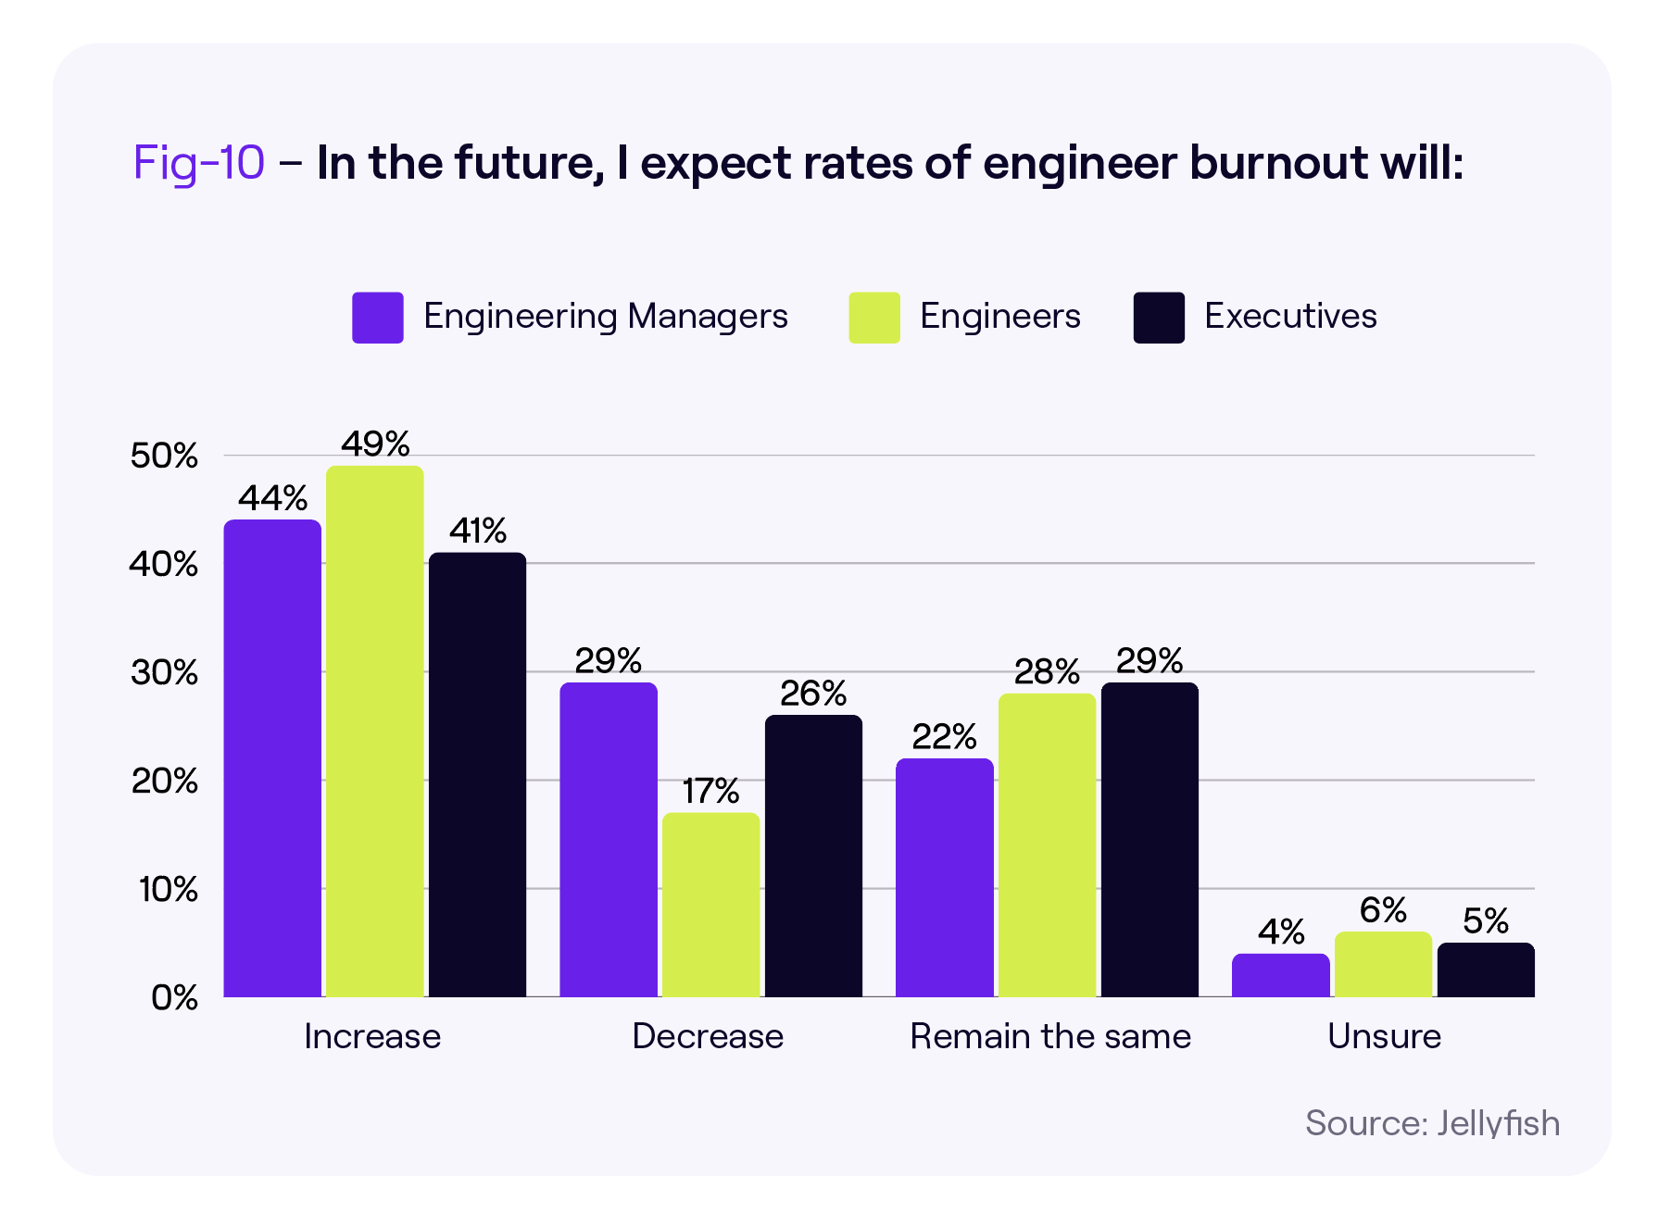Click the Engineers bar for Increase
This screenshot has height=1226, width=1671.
tap(375, 732)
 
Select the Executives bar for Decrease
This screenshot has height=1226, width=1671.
tap(813, 856)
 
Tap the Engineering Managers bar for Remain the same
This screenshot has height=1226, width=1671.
tap(944, 878)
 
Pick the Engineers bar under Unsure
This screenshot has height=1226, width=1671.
tap(1383, 965)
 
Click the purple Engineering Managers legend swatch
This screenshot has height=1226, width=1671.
tap(378, 318)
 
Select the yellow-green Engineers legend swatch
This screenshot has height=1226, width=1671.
tap(874, 318)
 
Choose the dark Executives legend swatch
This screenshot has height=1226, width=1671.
tap(1159, 318)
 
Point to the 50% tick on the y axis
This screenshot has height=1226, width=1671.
tap(164, 456)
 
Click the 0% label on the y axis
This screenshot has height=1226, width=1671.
tap(174, 997)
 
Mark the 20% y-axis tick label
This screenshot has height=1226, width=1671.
tap(164, 781)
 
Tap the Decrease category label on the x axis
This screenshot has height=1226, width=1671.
tap(708, 1036)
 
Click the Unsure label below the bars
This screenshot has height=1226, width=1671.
tap(1384, 1036)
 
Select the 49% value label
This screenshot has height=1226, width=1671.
tap(375, 444)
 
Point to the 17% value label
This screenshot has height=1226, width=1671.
tap(710, 792)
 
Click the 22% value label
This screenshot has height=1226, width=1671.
tap(944, 737)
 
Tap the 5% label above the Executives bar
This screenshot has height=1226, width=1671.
tap(1486, 921)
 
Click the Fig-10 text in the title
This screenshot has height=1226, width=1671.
tap(199, 163)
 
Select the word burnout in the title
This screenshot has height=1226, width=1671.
tap(1278, 163)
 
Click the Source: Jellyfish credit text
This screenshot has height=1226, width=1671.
tap(1432, 1123)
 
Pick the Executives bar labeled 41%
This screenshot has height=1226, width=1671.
tap(477, 774)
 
